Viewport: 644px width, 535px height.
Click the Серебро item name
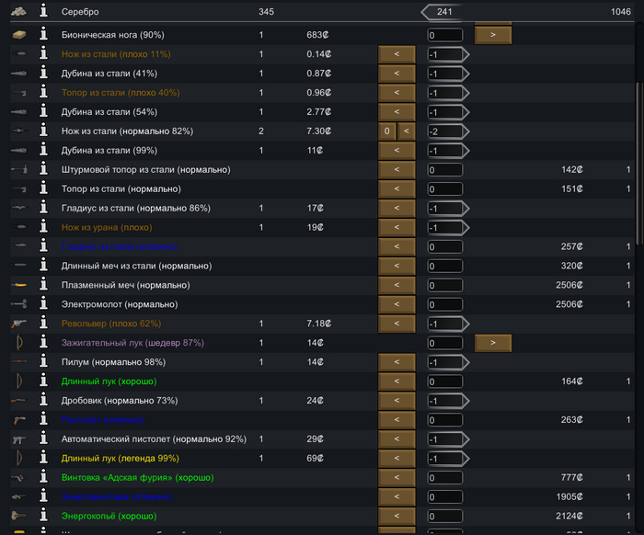80,12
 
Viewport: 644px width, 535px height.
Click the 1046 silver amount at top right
620,12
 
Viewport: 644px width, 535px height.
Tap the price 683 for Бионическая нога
318,35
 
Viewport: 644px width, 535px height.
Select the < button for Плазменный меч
397,285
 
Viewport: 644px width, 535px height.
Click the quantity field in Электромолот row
444,304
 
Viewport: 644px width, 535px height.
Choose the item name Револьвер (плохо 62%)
111,324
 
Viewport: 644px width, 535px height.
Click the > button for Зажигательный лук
492,343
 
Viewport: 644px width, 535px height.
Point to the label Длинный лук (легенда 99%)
120,458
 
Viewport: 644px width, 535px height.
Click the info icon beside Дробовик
42,401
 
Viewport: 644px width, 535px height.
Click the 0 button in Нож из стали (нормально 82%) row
387,131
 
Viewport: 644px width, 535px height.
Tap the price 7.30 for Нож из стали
318,131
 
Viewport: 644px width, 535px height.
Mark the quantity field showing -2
444,131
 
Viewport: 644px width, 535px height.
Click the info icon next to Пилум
42,362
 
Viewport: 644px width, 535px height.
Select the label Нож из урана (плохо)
107,227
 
